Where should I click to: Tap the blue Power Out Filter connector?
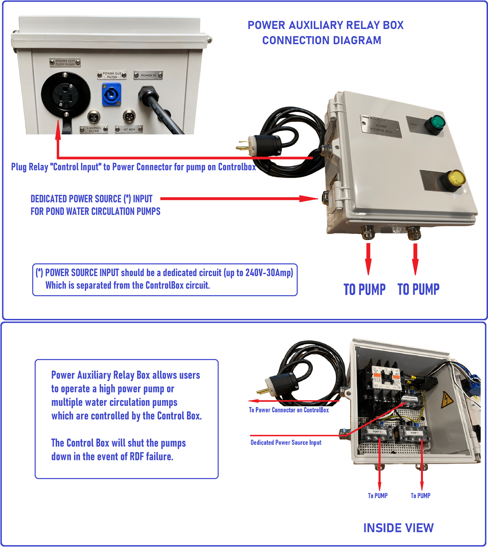pyautogui.click(x=111, y=94)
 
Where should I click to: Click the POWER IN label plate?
pyautogui.click(x=148, y=75)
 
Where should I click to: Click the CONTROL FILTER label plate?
pyautogui.click(x=94, y=130)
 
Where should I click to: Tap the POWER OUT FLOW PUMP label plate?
pyautogui.click(x=65, y=63)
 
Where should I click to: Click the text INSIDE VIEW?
pyautogui.click(x=398, y=528)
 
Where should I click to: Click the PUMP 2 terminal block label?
pyautogui.click(x=377, y=432)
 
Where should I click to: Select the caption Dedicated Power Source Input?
pyautogui.click(x=286, y=442)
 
